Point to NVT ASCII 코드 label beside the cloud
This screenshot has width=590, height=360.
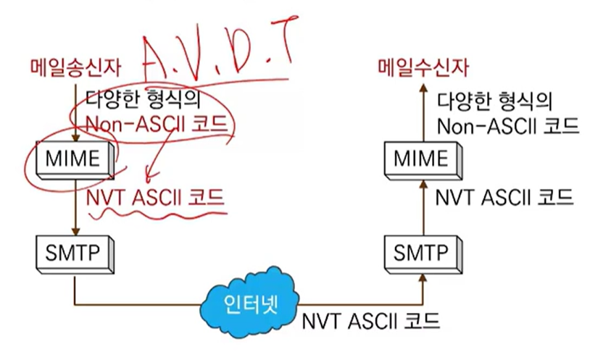(370, 319)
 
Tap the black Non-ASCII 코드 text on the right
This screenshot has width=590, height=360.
(508, 125)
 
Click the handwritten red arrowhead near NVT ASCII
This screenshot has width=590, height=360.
(149, 177)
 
